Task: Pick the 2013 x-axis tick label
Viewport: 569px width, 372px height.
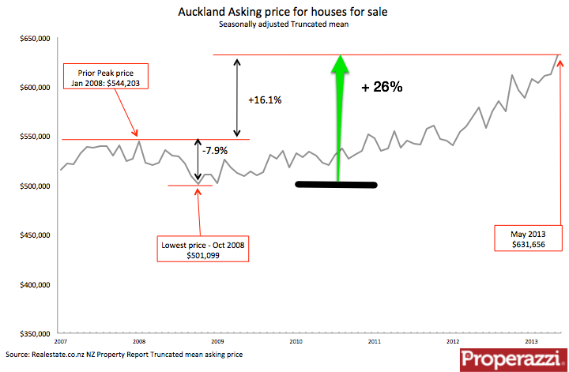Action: [531, 341]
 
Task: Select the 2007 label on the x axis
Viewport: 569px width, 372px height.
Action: [61, 341]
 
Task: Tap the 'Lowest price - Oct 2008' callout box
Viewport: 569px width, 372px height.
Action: [204, 250]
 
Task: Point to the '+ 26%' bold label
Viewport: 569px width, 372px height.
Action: [382, 88]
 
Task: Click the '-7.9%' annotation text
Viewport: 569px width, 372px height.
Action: [214, 149]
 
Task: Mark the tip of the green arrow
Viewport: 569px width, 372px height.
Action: [340, 57]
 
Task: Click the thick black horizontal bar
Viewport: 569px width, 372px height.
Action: [336, 185]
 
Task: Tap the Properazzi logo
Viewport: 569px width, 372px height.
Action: [511, 359]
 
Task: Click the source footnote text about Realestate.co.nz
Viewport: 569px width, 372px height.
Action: [122, 355]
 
